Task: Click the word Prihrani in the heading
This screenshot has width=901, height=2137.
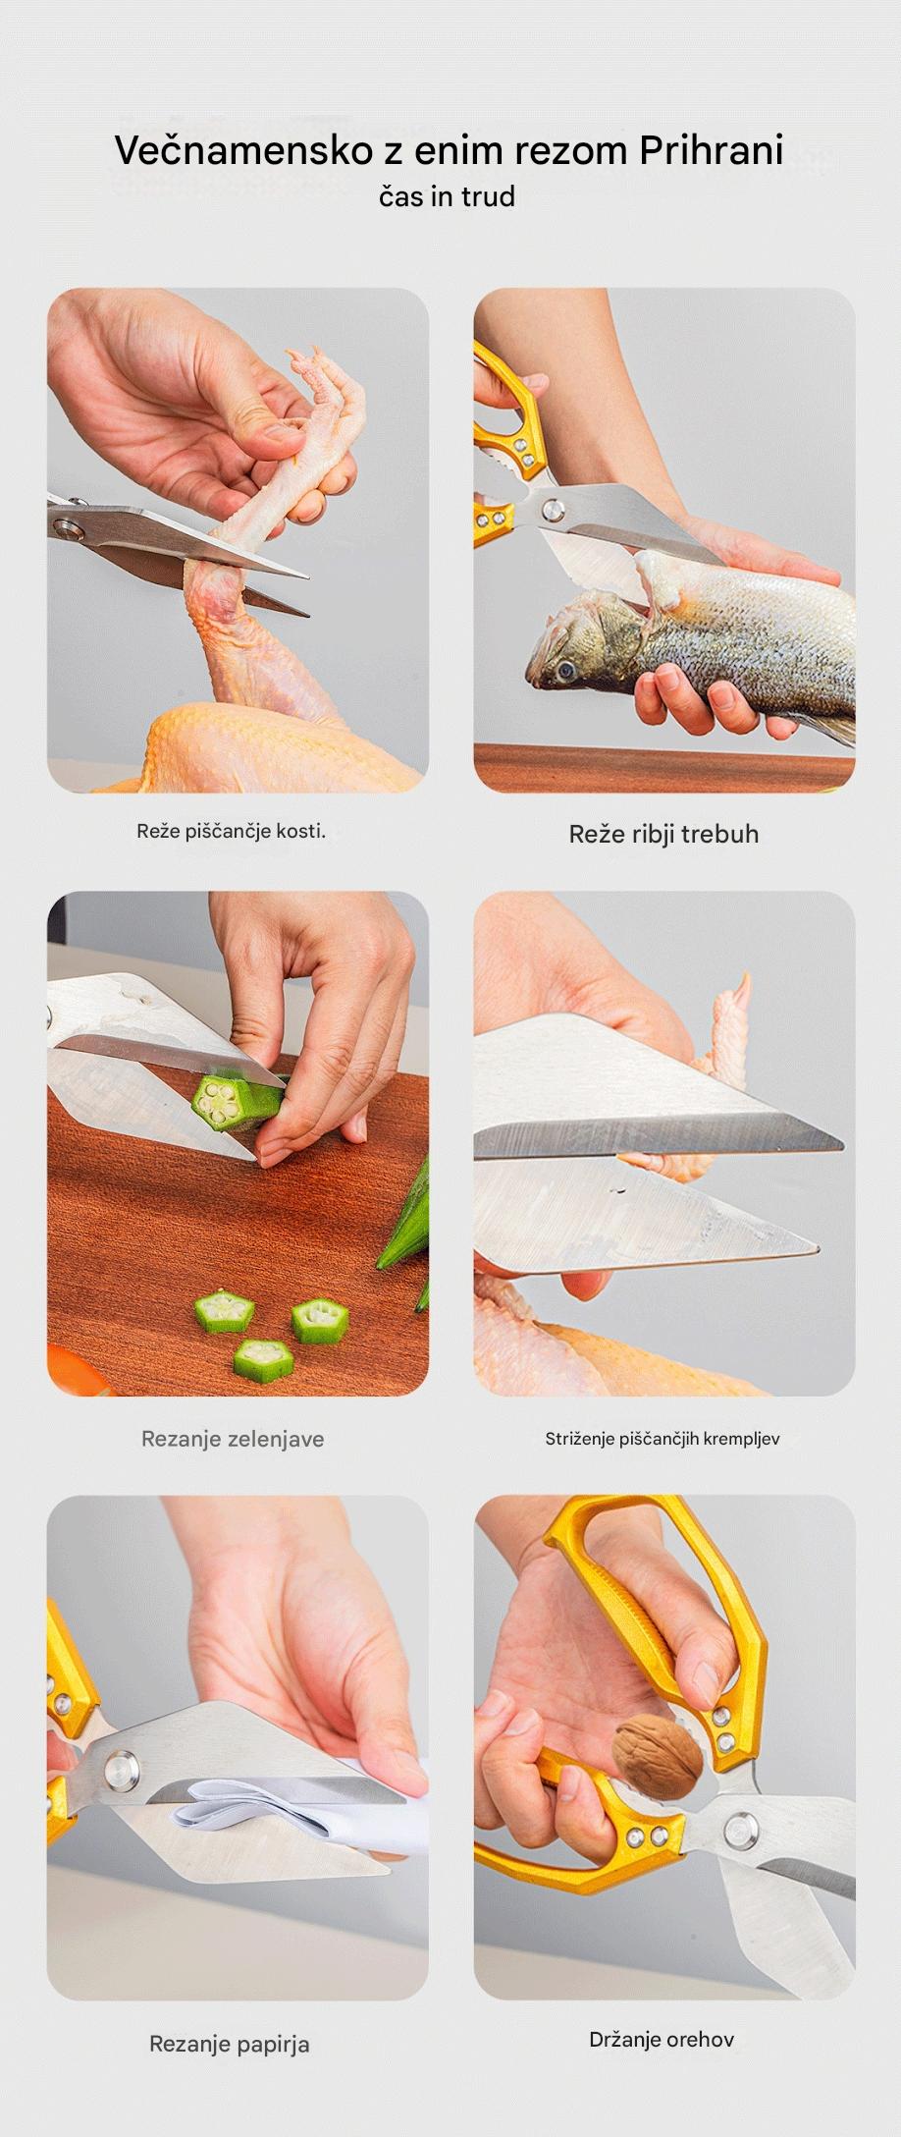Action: click(x=712, y=150)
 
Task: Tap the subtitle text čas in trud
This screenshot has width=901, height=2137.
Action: click(x=447, y=196)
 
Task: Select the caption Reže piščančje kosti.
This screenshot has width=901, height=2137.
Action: click(x=231, y=831)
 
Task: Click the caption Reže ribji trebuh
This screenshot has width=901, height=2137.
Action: click(x=663, y=834)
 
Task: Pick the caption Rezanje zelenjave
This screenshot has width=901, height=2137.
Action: click(x=233, y=1439)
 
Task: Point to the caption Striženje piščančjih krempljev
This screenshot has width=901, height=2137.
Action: click(x=662, y=1439)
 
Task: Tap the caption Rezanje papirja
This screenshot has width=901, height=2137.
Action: click(x=229, y=2044)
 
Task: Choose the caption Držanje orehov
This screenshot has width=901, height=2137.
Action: click(x=662, y=2039)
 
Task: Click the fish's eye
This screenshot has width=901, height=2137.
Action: click(x=566, y=671)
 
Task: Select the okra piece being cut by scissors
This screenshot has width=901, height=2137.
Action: click(x=231, y=1104)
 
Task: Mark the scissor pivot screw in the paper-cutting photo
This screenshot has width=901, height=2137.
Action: click(x=121, y=1768)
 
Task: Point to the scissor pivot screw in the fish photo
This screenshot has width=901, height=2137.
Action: click(x=554, y=509)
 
